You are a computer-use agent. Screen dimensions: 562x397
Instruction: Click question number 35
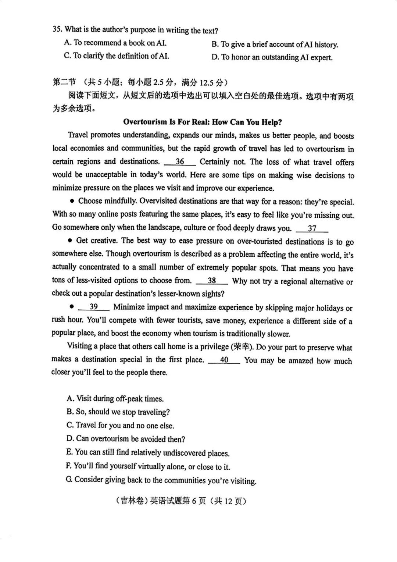click(x=57, y=29)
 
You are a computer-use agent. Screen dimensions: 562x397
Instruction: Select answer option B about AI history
click(x=274, y=45)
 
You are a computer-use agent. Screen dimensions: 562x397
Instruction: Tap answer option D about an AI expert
click(x=272, y=57)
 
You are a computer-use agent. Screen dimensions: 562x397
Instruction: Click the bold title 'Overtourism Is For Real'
click(x=203, y=122)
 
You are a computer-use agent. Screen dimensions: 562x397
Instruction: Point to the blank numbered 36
click(x=180, y=162)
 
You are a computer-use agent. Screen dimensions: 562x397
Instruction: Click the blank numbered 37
click(x=312, y=228)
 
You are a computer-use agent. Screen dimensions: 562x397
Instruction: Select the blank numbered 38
click(x=212, y=281)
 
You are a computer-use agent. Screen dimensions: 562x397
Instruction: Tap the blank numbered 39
click(x=94, y=307)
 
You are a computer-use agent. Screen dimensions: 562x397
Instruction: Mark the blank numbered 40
click(x=224, y=360)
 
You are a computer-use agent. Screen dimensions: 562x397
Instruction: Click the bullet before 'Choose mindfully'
click(x=72, y=201)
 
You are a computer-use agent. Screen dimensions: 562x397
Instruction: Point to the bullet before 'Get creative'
click(x=70, y=241)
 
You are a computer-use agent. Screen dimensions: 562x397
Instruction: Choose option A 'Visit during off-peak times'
click(x=115, y=399)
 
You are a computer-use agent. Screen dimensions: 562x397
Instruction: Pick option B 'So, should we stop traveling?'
click(x=118, y=412)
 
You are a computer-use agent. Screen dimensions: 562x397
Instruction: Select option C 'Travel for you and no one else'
click(x=120, y=426)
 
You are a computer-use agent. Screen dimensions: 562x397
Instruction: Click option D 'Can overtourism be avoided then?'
click(x=125, y=439)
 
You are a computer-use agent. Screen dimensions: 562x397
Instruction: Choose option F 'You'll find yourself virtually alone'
click(x=148, y=466)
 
